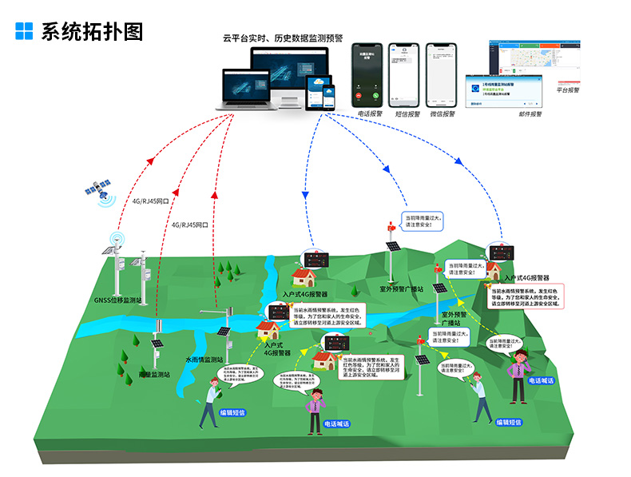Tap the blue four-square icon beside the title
(x=25, y=31)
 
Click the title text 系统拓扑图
(x=92, y=31)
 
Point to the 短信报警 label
(x=407, y=113)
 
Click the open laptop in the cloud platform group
(x=244, y=88)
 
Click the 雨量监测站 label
(x=155, y=373)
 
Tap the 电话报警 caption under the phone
(x=371, y=113)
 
